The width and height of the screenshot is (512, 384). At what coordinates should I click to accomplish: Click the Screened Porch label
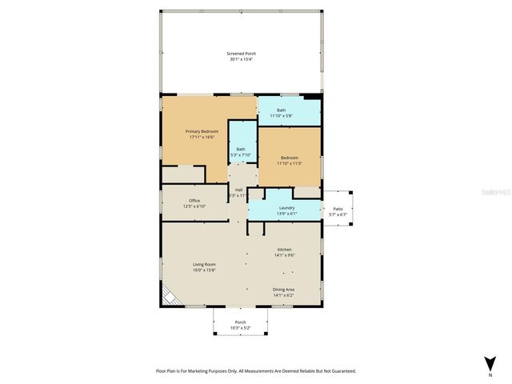coord(240,54)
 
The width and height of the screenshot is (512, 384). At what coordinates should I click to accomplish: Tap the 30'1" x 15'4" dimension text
coord(240,60)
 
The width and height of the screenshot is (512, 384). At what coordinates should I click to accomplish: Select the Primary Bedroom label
coord(202,131)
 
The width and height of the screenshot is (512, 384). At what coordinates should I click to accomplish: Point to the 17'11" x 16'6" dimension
coord(202,138)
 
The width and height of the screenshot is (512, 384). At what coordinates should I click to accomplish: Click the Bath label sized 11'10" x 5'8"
coord(281,110)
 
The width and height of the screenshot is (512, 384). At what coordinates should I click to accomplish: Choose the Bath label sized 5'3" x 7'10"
coord(241,149)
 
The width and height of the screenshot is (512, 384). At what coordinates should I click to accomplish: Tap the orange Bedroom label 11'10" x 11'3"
coord(289,158)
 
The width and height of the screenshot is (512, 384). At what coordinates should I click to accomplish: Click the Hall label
coord(238,190)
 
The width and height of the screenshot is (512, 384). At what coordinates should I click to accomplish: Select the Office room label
coord(194,200)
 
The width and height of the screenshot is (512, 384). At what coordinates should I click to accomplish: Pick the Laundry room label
coord(286,208)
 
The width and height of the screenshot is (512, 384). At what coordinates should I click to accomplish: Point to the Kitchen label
coord(286,249)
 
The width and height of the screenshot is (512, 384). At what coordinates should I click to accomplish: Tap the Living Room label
coord(204,264)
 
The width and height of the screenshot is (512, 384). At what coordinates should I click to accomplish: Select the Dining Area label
coord(284,290)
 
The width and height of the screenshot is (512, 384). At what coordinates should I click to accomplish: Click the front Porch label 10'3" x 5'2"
coord(240,322)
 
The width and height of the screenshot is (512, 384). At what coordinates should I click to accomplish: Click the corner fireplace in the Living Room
coord(170,297)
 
